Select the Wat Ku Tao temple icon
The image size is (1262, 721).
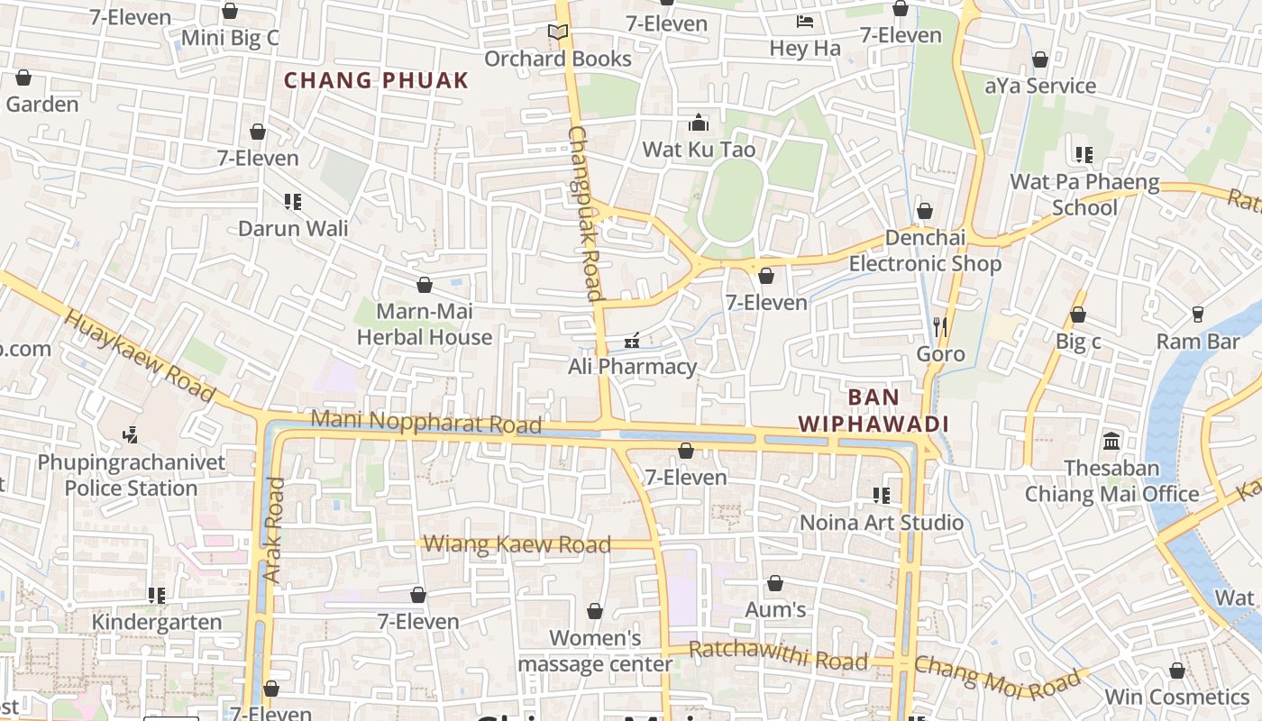pos(699,123)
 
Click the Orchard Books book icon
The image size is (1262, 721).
pos(558,32)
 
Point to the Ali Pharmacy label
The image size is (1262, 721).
pos(632,367)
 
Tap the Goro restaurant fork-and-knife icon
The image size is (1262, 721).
pos(940,326)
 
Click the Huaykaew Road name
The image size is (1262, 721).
pos(140,357)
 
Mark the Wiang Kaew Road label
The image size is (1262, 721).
pos(517,543)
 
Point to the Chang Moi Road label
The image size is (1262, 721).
pos(996,675)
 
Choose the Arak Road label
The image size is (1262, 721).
pos(274,529)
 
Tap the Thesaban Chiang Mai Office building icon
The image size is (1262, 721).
pos(1111,442)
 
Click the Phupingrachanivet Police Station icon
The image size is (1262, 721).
pos(131,435)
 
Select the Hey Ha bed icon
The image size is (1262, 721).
pos(805,21)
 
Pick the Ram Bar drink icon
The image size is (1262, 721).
pos(1197,314)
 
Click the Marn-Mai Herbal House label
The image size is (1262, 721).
pos(425,324)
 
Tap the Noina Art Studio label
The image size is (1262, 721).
pos(882,523)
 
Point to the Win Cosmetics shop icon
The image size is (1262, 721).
pos(1176,671)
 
